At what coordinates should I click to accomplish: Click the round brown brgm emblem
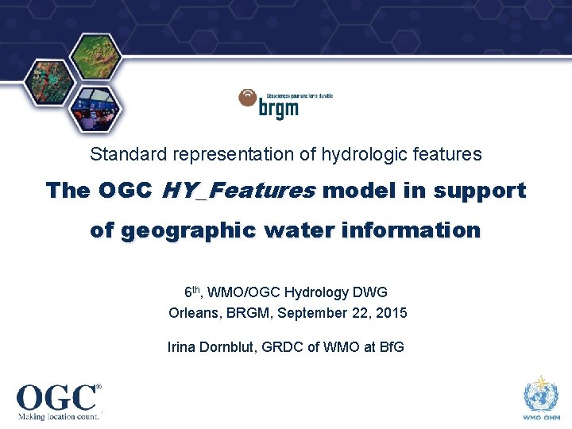[x=248, y=99]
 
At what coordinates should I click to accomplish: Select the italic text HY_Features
[x=238, y=191]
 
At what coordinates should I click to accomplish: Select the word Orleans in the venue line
[x=191, y=313]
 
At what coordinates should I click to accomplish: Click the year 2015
[x=392, y=313]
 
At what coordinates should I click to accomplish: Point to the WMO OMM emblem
[x=541, y=396]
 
